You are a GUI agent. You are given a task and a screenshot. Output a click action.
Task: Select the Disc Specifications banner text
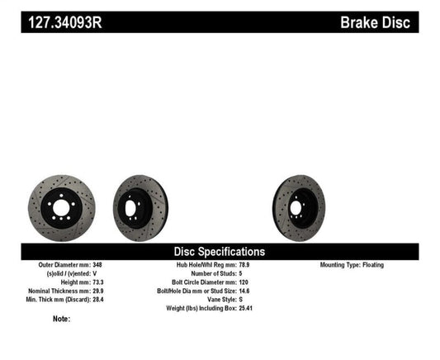(x=219, y=251)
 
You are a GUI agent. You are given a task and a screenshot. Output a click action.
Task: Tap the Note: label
(x=61, y=319)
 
